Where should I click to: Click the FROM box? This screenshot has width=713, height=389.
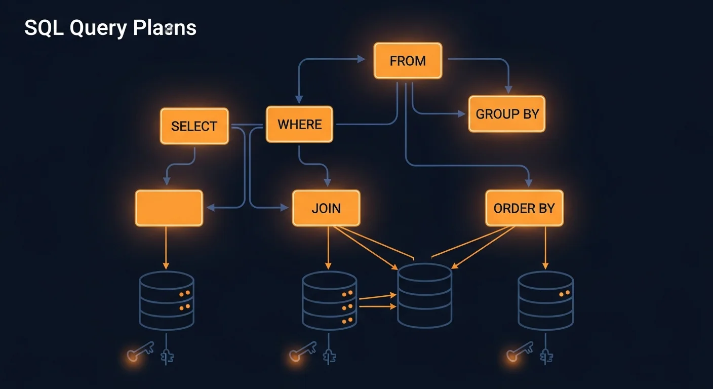(408, 61)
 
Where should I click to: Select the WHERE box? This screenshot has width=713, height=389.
(299, 124)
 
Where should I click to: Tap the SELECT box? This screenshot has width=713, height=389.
(194, 126)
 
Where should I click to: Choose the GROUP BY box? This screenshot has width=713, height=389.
(506, 114)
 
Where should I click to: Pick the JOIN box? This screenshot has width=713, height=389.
(326, 208)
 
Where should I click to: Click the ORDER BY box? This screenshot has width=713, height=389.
(524, 208)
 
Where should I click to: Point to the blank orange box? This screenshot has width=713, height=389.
(169, 208)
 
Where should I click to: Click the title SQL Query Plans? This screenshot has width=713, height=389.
(110, 28)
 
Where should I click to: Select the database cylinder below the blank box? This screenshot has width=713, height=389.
(167, 300)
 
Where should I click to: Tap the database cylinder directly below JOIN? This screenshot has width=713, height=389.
(330, 300)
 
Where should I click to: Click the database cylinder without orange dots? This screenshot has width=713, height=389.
(424, 295)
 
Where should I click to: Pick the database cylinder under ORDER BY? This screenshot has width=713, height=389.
(545, 300)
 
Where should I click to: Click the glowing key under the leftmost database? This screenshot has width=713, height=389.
(140, 351)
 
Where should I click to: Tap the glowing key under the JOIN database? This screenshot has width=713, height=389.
(302, 351)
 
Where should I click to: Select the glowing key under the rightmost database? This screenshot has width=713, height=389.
(520, 351)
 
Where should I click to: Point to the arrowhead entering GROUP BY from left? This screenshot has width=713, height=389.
(461, 114)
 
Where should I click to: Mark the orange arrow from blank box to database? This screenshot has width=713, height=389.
(166, 248)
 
